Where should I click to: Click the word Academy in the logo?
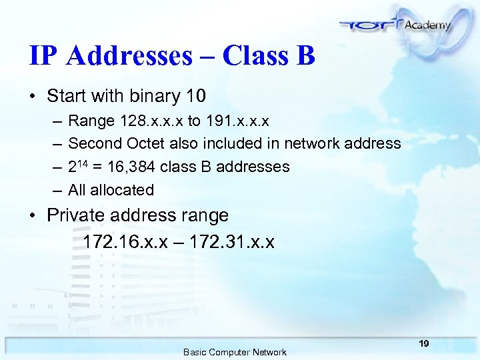point(427,24)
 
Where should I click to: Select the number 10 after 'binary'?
point(195,97)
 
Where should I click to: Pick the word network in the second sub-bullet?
point(313,143)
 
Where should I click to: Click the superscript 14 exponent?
point(82,162)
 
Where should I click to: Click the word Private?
point(75,215)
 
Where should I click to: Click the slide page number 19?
point(424,343)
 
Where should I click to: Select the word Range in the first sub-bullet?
point(91,121)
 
